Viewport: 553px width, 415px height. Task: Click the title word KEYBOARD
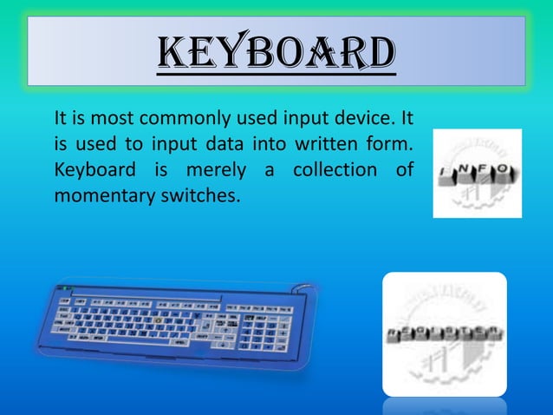coord(276,53)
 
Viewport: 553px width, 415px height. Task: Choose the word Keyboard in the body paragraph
coord(90,168)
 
